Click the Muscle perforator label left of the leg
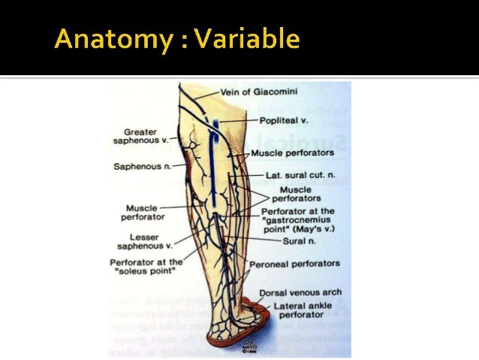[x=141, y=212]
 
